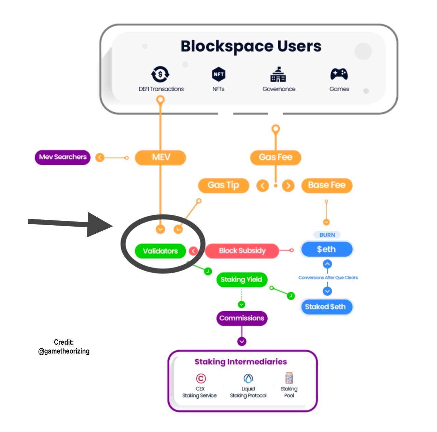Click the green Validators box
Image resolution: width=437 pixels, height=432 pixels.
160,250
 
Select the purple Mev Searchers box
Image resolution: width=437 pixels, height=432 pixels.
62,157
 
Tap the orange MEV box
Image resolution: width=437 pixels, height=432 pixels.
160,157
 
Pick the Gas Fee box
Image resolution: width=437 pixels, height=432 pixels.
276,157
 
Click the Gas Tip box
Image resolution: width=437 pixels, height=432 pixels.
224,185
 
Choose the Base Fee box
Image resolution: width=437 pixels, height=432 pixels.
327,185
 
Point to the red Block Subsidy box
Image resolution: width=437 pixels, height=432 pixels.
242,250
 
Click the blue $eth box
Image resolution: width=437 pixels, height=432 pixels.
327,249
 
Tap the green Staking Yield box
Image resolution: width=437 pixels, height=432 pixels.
242,279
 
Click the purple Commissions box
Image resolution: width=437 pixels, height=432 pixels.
242,318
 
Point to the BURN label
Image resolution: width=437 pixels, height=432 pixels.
327,235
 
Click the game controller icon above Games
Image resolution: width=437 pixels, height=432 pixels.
339,74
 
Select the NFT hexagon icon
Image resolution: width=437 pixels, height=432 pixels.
218,74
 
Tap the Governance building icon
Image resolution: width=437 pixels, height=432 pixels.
278,74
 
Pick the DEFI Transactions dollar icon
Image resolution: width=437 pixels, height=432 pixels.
160,74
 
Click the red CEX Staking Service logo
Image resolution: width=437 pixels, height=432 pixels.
201,378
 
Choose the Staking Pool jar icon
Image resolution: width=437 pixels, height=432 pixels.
289,378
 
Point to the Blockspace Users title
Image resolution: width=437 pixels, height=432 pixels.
251,46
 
